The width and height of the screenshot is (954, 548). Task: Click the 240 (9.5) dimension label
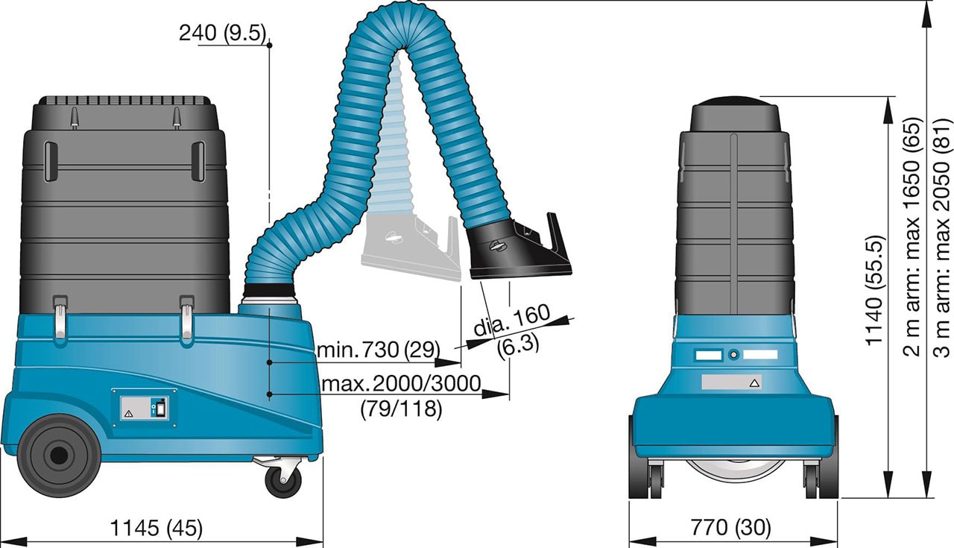click(222, 33)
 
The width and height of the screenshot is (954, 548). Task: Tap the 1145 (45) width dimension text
click(157, 529)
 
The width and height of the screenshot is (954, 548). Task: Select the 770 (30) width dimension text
click(730, 528)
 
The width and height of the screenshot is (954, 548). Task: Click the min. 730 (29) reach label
click(379, 350)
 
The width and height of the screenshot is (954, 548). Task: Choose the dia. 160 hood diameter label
click(511, 320)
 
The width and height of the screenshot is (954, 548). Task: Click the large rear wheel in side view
click(59, 456)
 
